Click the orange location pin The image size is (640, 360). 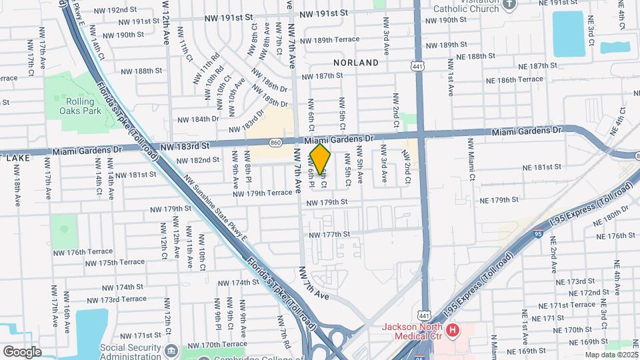pyautogui.click(x=321, y=159)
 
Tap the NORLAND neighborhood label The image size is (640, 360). pyautogui.click(x=356, y=63)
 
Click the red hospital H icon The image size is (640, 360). pyautogui.click(x=453, y=330)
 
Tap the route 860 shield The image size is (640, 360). pyautogui.click(x=275, y=142)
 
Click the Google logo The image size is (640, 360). pyautogui.click(x=22, y=351)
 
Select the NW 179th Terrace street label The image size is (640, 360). pyautogui.click(x=263, y=193)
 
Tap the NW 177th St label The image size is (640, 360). pyautogui.click(x=329, y=235)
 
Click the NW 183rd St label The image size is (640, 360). pyautogui.click(x=185, y=145)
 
